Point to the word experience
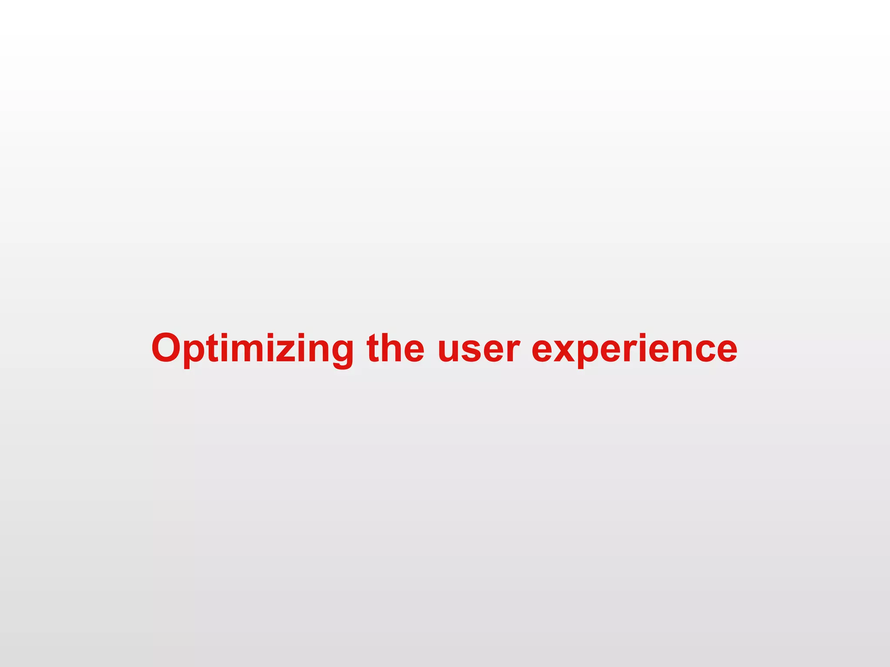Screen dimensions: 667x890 click(x=634, y=349)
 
